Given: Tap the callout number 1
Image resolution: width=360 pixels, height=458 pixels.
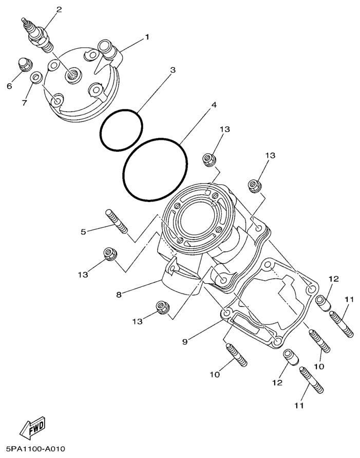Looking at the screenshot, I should [x=147, y=37].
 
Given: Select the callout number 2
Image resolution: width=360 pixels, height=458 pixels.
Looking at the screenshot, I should [x=59, y=10].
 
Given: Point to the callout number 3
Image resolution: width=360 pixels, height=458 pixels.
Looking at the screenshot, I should [x=173, y=69].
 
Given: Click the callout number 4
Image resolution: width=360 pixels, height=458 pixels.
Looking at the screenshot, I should [x=214, y=104].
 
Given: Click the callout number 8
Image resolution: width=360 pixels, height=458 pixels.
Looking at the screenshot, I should [x=119, y=295].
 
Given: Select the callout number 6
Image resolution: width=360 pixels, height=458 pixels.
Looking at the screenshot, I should [x=9, y=86].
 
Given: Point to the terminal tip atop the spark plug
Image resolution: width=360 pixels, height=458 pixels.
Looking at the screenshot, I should [x=24, y=20].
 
